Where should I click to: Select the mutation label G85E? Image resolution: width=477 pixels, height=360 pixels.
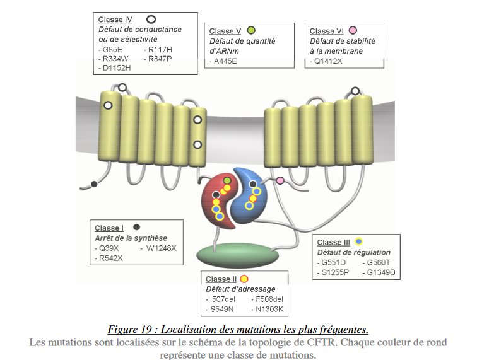coord(114,49)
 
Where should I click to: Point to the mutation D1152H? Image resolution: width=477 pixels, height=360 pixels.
coord(119,67)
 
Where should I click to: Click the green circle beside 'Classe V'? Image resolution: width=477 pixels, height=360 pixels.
coord(251,30)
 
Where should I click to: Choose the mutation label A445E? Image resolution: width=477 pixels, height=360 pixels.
coord(227,62)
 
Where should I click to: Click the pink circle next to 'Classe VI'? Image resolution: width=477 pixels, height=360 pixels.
coord(353,30)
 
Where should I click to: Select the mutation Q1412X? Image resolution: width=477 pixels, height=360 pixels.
coord(330,62)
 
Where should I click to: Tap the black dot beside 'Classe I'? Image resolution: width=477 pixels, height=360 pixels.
coord(136,227)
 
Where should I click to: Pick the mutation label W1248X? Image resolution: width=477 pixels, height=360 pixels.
coord(162,248)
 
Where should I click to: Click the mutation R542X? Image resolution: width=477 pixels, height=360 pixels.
coord(111,257)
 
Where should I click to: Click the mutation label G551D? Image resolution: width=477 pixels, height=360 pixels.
coord(334,263)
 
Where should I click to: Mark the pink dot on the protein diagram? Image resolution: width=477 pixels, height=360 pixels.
coord(280,181)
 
